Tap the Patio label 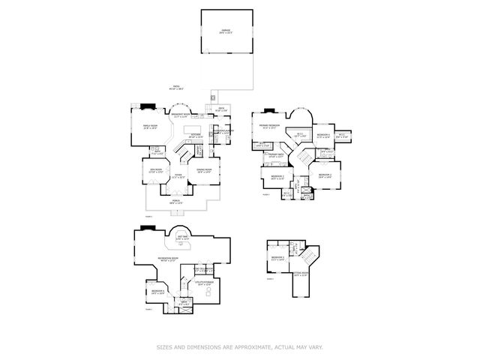(177, 88)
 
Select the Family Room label (150, 126)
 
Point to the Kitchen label (196, 136)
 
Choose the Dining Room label (204, 170)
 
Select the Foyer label (179, 176)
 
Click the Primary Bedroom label (270, 125)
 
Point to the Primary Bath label (275, 154)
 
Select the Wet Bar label (182, 238)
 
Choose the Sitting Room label (301, 274)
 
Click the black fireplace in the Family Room (148, 106)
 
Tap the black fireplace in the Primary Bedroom (269, 112)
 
